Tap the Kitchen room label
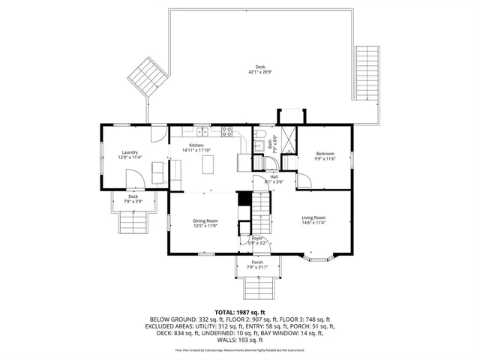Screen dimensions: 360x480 (x=196, y=145)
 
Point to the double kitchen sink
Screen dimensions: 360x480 (x=202, y=132)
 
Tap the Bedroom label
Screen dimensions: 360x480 (x=324, y=152)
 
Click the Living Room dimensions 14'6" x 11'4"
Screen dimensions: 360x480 (x=313, y=223)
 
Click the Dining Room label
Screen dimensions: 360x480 (x=205, y=220)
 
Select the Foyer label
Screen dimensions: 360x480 (x=257, y=238)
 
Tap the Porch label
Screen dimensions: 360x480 (x=257, y=262)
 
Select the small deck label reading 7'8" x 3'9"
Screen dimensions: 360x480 (x=133, y=201)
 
